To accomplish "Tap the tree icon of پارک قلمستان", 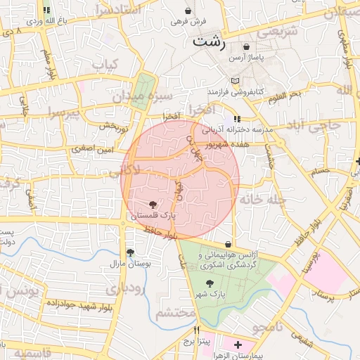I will (x=153, y=203).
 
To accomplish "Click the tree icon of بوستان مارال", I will (x=129, y=252).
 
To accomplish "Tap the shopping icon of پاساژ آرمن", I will (x=246, y=46).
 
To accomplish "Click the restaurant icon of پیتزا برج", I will (x=197, y=330).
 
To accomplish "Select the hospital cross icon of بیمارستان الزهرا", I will (x=238, y=345).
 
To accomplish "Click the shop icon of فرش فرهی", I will (x=188, y=11).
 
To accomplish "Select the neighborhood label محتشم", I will (x=174, y=313).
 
